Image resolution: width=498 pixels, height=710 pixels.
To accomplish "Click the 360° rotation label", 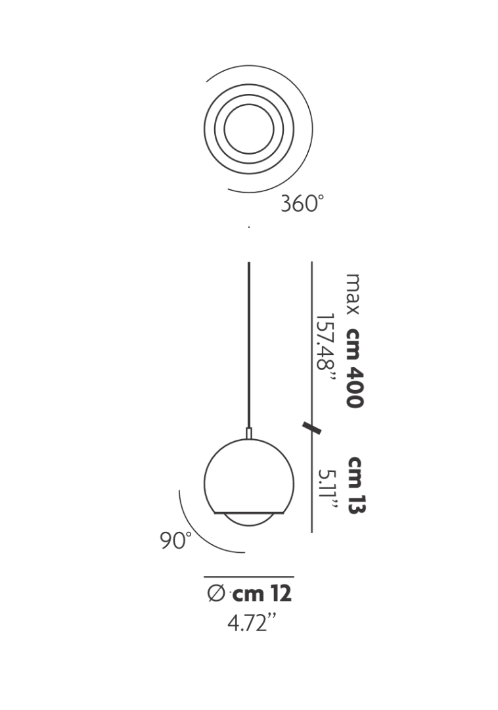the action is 302,203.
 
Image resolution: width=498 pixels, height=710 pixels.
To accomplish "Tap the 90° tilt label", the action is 176,540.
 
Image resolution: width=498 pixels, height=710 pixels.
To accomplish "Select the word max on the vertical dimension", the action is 353,294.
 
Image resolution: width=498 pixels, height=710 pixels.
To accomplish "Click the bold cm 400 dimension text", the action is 355,367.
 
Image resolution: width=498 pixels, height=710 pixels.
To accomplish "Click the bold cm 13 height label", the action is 357,485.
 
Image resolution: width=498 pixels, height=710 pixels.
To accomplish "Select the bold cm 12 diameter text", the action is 262,594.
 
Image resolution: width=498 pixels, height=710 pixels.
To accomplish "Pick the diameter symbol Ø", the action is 216,594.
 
